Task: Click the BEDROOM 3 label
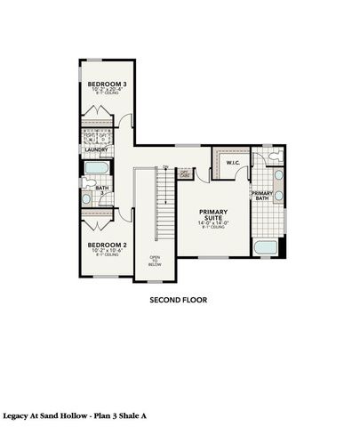coord(106,83)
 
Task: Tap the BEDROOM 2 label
coord(106,245)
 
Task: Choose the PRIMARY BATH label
coord(260,197)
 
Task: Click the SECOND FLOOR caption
coord(178,301)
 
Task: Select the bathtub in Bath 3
coord(100,169)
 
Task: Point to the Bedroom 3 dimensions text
coord(106,90)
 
